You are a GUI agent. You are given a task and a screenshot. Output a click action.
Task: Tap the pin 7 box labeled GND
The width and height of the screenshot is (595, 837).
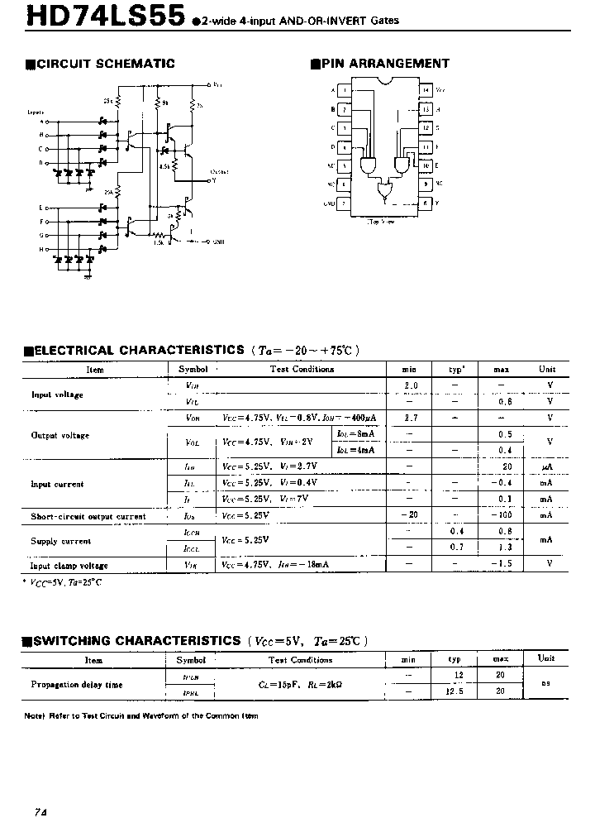[345, 203]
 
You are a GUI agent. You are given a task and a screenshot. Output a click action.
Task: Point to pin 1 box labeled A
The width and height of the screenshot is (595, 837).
[345, 89]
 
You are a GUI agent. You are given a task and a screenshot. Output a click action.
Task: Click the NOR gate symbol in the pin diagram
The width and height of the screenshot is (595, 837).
[385, 193]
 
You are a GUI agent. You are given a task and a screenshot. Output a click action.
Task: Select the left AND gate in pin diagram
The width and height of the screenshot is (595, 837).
[366, 164]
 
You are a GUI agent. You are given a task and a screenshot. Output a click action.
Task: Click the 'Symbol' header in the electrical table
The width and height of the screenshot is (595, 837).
[193, 370]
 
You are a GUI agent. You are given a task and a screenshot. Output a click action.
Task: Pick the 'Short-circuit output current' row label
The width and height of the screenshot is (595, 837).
[88, 517]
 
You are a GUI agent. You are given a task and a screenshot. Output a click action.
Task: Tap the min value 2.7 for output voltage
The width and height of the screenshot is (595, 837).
[411, 418]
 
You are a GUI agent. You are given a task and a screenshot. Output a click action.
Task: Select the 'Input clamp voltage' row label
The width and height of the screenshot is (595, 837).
[70, 566]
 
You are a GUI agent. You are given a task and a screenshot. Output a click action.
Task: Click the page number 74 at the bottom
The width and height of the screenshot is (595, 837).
[40, 813]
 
